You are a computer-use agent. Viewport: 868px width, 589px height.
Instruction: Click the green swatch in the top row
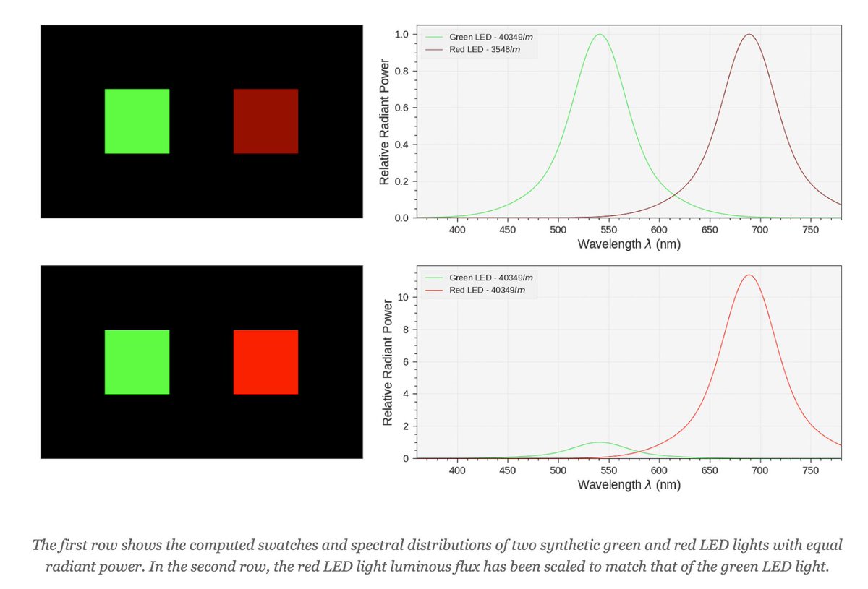137,121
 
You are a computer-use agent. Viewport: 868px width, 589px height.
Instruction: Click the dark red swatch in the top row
265,121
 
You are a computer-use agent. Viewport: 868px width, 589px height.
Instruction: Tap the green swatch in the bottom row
137,362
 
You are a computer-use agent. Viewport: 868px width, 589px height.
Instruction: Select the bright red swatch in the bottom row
265,362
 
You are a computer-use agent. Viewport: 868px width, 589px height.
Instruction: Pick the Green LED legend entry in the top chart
491,36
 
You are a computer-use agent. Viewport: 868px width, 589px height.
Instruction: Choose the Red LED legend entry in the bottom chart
487,290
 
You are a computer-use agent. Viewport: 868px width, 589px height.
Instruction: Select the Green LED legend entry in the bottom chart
491,278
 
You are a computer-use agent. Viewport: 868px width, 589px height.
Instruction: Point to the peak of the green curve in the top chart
599,35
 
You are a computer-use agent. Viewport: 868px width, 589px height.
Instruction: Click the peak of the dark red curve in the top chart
749,35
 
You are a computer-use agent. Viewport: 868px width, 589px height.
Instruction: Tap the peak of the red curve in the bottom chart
749,275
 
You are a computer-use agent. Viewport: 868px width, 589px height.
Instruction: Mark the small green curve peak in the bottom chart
599,442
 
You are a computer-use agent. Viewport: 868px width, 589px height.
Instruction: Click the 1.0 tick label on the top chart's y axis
401,35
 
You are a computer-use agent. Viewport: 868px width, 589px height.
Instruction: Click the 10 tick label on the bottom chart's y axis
404,297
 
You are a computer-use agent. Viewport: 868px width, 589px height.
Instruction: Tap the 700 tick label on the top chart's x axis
759,230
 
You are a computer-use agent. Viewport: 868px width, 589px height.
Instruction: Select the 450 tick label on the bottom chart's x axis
507,470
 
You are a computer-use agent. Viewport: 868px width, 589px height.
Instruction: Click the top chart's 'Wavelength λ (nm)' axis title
629,244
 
